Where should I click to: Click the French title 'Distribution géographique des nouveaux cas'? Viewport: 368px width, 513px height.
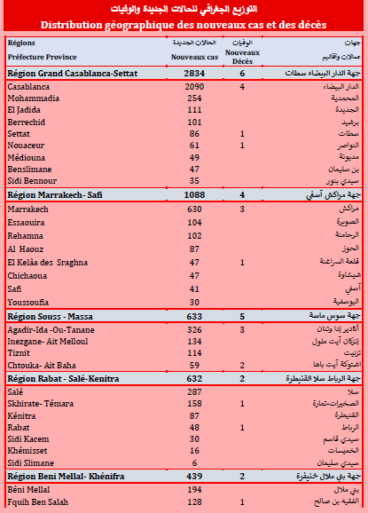coord(184,25)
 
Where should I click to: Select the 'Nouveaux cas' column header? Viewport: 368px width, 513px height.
coord(195,56)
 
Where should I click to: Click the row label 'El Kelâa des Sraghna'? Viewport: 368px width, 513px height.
coord(48,263)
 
